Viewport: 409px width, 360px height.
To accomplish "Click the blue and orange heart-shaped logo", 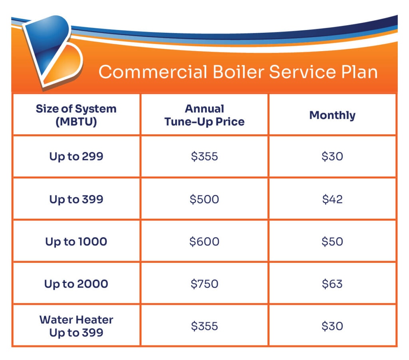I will (x=52, y=52).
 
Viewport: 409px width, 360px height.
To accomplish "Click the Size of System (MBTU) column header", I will (x=76, y=115).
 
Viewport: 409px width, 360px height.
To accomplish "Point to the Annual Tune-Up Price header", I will (x=204, y=115).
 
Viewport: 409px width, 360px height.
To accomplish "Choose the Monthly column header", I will (x=332, y=115).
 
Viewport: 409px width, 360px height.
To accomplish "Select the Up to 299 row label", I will (x=76, y=156).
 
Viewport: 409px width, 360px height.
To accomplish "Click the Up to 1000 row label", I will (x=76, y=241).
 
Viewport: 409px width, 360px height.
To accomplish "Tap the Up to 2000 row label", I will (x=76, y=284).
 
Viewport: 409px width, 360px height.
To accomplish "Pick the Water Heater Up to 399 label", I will (x=76, y=326).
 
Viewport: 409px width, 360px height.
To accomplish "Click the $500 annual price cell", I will (x=204, y=199).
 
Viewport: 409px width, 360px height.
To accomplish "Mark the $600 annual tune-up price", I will (x=204, y=241).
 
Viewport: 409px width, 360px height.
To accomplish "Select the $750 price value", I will (x=204, y=284).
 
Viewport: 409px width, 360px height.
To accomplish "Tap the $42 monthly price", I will (x=332, y=199).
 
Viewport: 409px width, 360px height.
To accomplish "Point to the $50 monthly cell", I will (x=332, y=241).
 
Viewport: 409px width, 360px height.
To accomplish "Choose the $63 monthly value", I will (x=332, y=284).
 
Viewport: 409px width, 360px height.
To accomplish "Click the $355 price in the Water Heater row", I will (x=204, y=326).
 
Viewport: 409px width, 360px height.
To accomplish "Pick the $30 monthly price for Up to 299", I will (x=332, y=156).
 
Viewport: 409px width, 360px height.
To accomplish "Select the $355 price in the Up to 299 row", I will (x=204, y=156).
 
